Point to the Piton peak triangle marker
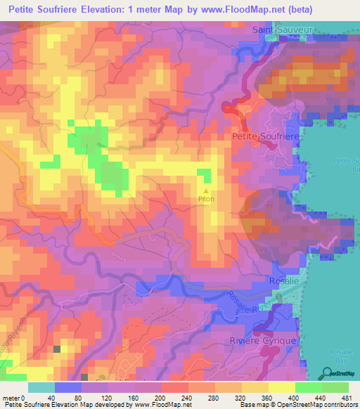206,190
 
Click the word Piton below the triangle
206,199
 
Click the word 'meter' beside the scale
11,397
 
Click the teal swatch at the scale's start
41,387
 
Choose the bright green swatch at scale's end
335,387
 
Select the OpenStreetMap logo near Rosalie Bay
337,373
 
